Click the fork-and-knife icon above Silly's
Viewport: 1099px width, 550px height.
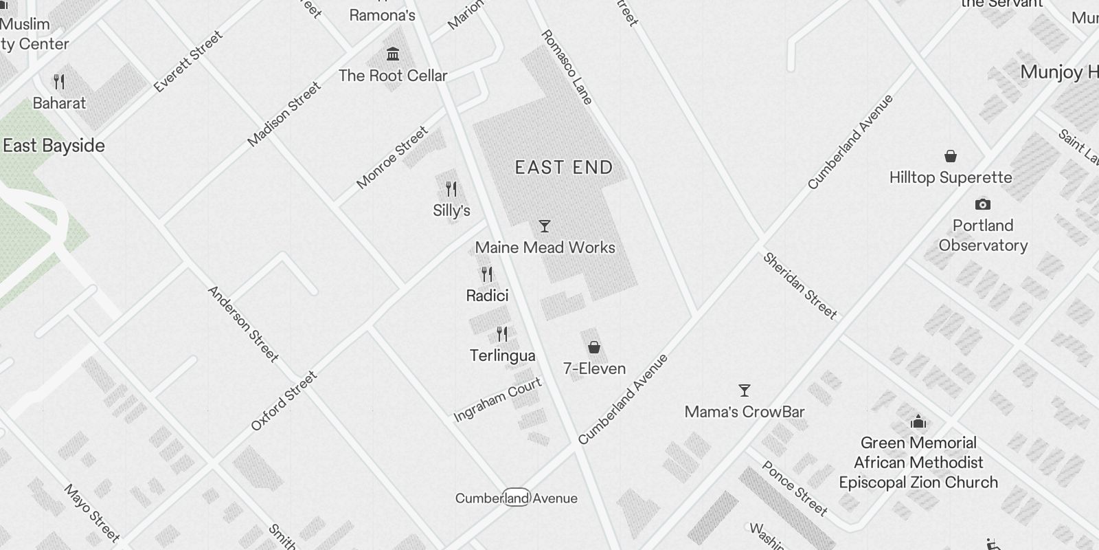coord(451,189)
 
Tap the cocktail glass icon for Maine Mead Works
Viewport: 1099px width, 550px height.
coord(545,226)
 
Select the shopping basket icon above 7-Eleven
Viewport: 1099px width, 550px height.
coord(594,347)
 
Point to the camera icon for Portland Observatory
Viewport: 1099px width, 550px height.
coord(983,204)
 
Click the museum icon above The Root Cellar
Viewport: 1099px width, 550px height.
coord(393,54)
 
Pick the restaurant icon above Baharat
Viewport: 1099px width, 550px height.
coord(59,82)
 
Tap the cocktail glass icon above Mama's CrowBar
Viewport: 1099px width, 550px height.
coord(744,390)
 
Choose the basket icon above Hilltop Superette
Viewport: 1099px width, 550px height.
coord(951,156)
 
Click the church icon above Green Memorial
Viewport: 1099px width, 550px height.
coord(918,421)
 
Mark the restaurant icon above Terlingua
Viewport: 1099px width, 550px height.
coord(502,334)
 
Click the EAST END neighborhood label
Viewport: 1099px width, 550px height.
coord(564,168)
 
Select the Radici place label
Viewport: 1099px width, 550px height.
coord(487,296)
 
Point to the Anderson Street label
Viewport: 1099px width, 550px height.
coord(243,324)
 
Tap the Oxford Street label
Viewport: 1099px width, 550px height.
coord(284,401)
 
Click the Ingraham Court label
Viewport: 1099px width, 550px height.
coord(498,399)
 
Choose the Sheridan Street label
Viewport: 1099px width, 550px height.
coord(800,286)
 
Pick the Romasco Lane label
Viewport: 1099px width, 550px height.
coord(567,67)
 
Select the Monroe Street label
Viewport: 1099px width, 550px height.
coord(392,157)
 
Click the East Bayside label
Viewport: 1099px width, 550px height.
coord(54,146)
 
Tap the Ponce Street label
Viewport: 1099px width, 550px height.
coord(795,489)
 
